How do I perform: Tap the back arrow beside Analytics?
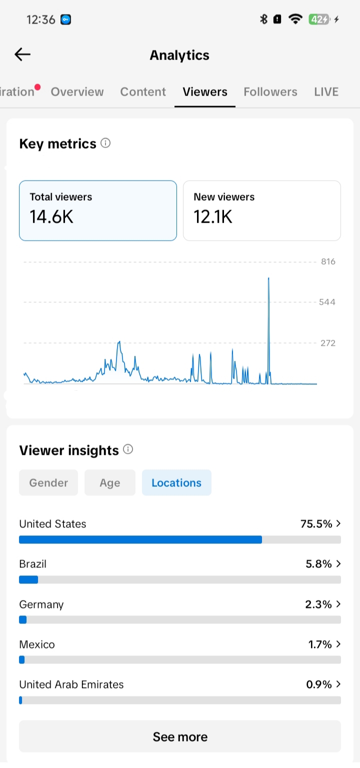click(22, 54)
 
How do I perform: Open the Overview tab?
click(77, 92)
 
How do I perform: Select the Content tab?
click(143, 92)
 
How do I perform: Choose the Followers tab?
click(270, 92)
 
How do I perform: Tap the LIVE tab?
click(326, 92)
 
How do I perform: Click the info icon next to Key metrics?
click(105, 143)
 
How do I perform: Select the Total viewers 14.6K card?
click(98, 211)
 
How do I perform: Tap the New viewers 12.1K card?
click(262, 211)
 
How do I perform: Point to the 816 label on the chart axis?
click(328, 262)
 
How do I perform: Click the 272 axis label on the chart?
click(328, 343)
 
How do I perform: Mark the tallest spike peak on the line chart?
click(268, 278)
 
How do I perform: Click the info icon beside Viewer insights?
click(128, 449)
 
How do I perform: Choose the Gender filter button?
click(48, 483)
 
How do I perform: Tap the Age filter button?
click(110, 483)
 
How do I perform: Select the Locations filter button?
click(176, 483)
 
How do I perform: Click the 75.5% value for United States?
click(316, 524)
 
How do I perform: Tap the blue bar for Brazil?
click(28, 580)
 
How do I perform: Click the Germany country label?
click(41, 604)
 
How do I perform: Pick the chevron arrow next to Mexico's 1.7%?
click(338, 644)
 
